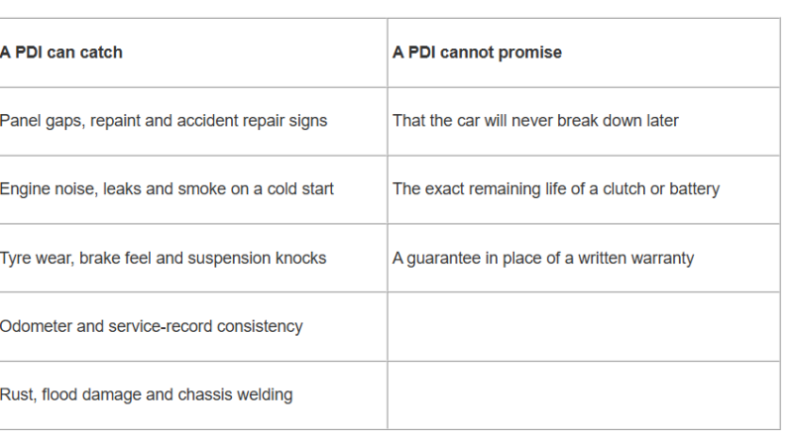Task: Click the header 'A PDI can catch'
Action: point(61,53)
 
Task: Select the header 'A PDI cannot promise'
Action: point(477,53)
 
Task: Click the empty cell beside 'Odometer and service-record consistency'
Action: point(584,327)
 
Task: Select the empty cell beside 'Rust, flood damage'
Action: point(584,395)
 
